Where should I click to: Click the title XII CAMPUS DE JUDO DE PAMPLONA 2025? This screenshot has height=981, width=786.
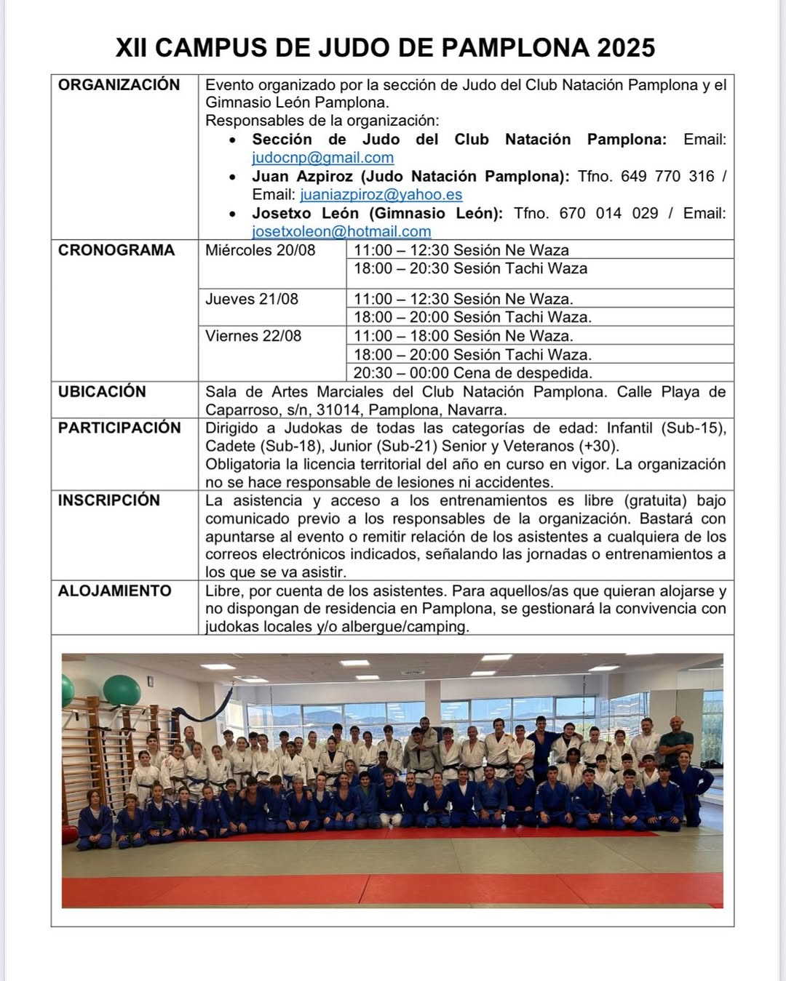385,48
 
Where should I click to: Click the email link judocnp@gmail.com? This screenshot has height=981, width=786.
322,158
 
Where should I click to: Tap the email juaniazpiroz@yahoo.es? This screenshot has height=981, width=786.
381,195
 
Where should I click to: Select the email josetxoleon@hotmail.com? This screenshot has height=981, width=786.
341,231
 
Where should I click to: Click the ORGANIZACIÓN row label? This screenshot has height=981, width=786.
119,85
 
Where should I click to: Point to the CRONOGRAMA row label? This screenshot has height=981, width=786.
116,250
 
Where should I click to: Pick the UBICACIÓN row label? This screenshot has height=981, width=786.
102,392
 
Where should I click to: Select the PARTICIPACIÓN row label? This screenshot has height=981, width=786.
119,428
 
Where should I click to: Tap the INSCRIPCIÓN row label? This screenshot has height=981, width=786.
109,500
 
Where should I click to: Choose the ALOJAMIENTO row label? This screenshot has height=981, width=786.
115,590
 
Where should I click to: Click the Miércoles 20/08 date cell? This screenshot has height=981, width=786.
261,251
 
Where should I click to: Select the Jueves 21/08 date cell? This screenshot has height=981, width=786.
252,299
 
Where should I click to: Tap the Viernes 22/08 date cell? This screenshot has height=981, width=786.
253,336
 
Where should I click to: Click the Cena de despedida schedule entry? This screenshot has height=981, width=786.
473,373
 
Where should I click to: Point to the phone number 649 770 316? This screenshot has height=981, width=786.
667,177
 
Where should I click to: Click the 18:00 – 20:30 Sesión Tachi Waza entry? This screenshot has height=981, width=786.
470,269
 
